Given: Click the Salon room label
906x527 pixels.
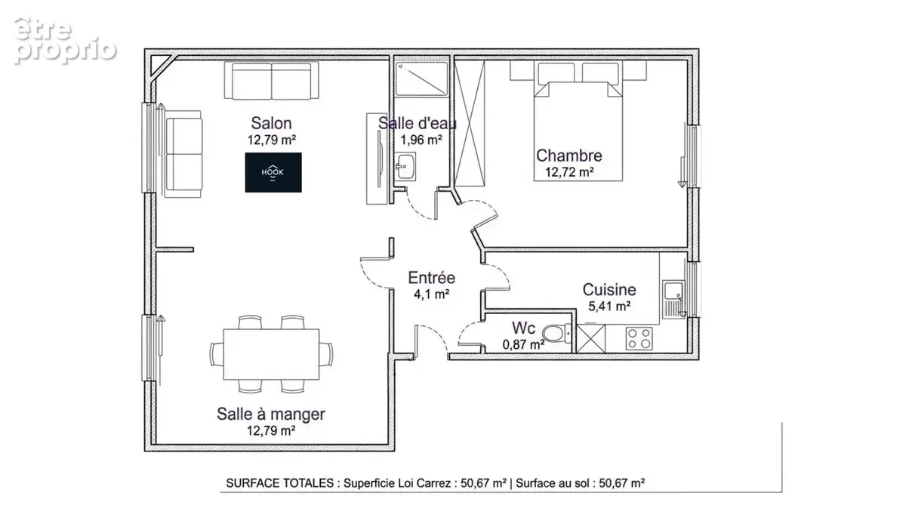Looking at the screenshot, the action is [x=271, y=123].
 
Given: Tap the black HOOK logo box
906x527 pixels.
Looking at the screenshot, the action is [x=273, y=172].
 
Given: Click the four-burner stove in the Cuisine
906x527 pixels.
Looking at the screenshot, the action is [x=639, y=338].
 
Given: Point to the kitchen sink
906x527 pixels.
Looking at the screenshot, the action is [x=673, y=299].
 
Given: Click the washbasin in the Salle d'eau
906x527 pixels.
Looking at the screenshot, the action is [x=405, y=166].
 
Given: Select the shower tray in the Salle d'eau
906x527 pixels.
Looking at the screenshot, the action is [x=421, y=79].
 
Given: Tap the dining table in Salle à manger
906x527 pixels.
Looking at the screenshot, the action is [x=271, y=355].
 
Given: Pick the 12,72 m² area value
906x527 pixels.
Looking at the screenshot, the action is [x=569, y=172].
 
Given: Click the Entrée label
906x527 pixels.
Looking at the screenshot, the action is [x=432, y=278].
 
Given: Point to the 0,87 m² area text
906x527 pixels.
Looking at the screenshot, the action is [x=523, y=344].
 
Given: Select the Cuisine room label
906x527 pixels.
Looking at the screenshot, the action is [x=609, y=290].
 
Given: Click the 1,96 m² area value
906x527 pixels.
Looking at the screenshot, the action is [x=421, y=140].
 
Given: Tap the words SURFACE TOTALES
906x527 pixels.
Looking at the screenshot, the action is [x=280, y=483].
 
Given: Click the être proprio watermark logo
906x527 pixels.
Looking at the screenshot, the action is [x=65, y=41].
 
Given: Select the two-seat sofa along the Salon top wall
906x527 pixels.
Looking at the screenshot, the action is [x=271, y=81].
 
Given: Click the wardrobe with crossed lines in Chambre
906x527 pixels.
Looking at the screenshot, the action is [x=469, y=123].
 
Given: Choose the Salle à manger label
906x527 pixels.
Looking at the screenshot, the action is [x=271, y=415].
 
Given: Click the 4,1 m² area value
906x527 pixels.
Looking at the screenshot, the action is [x=432, y=294].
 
